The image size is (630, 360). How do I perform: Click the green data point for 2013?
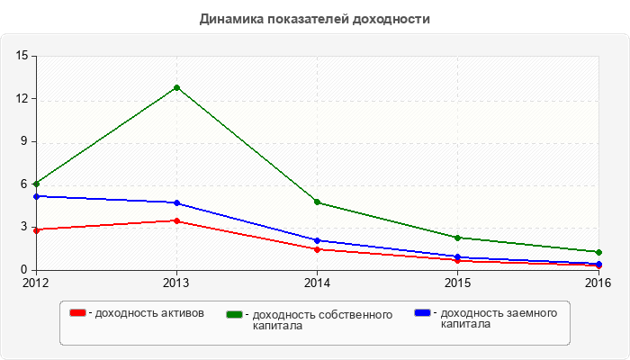pyautogui.click(x=176, y=87)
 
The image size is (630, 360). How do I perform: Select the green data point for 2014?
pyautogui.click(x=318, y=202)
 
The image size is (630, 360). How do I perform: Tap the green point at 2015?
pyautogui.click(x=458, y=238)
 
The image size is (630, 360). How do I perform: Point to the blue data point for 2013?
pyautogui.click(x=176, y=203)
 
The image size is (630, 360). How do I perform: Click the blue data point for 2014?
pyautogui.click(x=318, y=240)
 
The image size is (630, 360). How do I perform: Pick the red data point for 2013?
pyautogui.click(x=176, y=220)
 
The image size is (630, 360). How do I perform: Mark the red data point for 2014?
pyautogui.click(x=318, y=249)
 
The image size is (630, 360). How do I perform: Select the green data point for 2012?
pyautogui.click(x=36, y=184)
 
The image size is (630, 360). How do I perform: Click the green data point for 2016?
pyautogui.click(x=598, y=252)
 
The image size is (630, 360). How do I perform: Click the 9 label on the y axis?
pyautogui.click(x=25, y=141)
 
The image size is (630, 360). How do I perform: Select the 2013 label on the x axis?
pyautogui.click(x=176, y=283)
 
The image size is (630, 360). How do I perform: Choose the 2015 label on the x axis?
pyautogui.click(x=458, y=283)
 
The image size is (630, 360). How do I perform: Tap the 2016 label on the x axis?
pyautogui.click(x=598, y=283)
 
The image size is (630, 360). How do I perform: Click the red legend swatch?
pyautogui.click(x=78, y=313)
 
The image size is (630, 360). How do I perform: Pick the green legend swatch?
pyautogui.click(x=236, y=314)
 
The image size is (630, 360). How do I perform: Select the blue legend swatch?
pyautogui.click(x=422, y=313)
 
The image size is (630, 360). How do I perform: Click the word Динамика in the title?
pyautogui.click(x=230, y=18)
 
